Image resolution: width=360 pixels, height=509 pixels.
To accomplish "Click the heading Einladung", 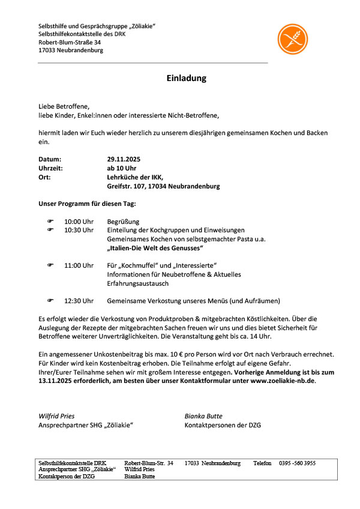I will coord(187,78).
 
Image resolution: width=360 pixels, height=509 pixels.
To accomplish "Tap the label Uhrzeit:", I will coord(51,169).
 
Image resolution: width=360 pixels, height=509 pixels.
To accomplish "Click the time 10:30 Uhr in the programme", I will coord(79,230).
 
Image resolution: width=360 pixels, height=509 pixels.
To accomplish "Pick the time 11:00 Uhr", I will coord(79,265).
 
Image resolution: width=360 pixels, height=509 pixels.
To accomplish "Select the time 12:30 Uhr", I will coord(79,301).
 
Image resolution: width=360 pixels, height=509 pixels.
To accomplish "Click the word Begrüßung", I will coord(123,221).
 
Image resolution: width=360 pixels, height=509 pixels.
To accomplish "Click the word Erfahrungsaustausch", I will coord(137,283).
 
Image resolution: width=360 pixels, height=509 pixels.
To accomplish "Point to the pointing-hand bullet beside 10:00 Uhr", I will coord(50,221).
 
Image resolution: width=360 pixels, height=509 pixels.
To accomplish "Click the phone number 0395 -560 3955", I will coord(298,463).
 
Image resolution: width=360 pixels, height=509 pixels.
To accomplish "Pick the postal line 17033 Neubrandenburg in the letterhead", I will coord(70,50).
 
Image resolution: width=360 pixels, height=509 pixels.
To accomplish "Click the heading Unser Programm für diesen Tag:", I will coord(88,203).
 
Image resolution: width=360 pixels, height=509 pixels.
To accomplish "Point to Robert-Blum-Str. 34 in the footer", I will coord(148,463).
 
